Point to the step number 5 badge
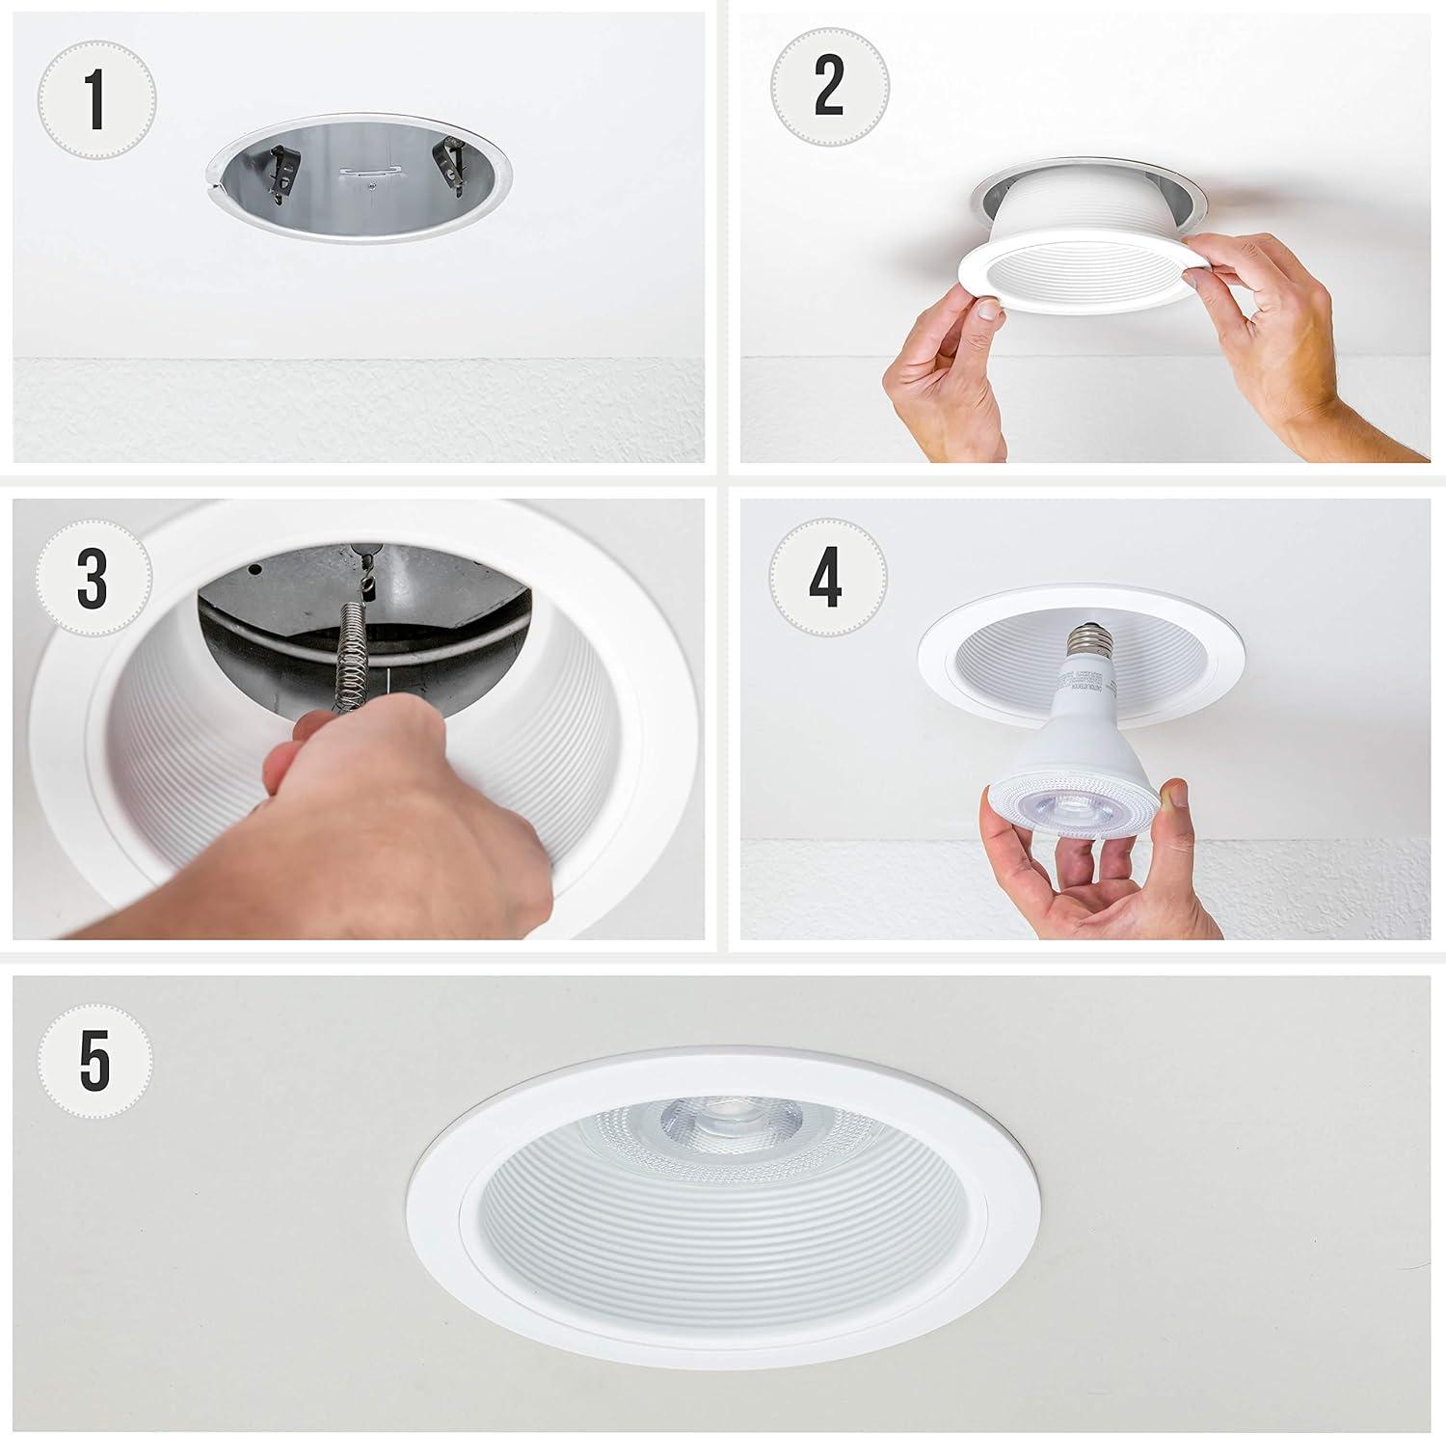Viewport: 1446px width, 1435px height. pyautogui.click(x=94, y=1061)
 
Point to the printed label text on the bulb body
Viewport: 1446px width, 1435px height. pyautogui.click(x=1076, y=694)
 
